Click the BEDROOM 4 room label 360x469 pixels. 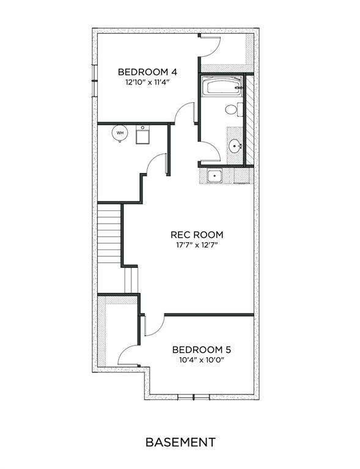click(147, 72)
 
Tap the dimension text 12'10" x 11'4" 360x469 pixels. click(147, 83)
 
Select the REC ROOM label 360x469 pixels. click(197, 235)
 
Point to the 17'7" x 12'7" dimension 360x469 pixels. click(196, 245)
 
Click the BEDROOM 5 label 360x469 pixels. click(202, 350)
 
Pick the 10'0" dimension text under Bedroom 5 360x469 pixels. click(215, 360)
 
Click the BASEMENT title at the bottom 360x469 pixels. click(180, 442)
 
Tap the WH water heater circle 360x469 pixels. click(120, 133)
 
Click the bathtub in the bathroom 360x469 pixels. click(221, 86)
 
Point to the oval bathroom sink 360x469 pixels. click(235, 146)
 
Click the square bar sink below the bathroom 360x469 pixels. click(215, 176)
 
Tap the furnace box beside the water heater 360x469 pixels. click(142, 135)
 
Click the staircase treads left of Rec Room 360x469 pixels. click(109, 236)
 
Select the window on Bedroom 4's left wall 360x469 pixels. click(95, 81)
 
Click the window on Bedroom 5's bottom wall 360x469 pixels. click(194, 397)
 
